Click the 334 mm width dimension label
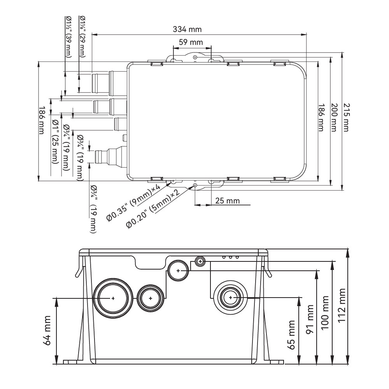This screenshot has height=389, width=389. (187, 29)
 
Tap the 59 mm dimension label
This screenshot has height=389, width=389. (191, 42)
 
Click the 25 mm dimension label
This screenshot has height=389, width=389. (228, 200)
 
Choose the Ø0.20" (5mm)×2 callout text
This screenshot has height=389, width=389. (153, 210)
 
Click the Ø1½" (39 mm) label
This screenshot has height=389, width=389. (68, 37)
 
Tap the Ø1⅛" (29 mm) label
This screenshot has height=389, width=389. (82, 37)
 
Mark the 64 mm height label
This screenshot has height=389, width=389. (47, 330)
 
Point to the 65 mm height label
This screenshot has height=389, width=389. (292, 335)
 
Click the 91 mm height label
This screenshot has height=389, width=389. (310, 320)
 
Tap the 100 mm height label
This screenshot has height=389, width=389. (325, 313)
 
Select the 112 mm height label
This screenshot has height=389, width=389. (342, 305)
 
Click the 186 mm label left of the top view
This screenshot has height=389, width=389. (42, 121)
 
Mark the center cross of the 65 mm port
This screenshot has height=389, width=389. (231, 298)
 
